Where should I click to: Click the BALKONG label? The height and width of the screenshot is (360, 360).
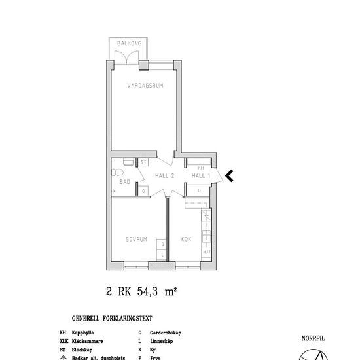(129, 43)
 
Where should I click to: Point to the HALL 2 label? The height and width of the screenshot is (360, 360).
(164, 175)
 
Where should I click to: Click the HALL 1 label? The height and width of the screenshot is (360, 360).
(200, 175)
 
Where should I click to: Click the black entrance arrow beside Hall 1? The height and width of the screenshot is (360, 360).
(229, 175)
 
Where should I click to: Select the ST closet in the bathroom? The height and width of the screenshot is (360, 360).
(143, 162)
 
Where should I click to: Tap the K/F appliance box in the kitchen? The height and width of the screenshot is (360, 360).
(206, 251)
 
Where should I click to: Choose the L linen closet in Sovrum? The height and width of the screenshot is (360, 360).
(162, 254)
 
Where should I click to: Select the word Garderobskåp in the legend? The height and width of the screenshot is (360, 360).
(166, 333)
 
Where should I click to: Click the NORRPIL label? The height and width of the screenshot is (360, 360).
(313, 339)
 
